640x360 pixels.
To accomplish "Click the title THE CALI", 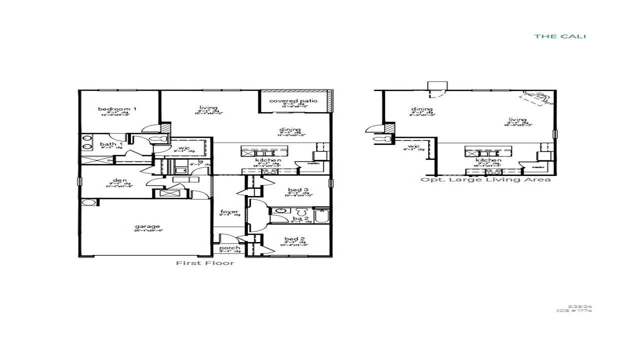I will click(x=560, y=36).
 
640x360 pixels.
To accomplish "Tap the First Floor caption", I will click(x=204, y=263).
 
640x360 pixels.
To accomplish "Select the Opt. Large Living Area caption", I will click(x=485, y=179).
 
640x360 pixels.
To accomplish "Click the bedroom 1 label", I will click(x=117, y=109).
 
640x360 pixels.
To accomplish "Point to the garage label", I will click(x=147, y=226).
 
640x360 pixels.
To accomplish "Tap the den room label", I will click(x=119, y=180).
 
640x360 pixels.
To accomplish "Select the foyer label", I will click(x=229, y=212).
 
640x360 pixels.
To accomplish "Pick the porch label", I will click(x=229, y=248).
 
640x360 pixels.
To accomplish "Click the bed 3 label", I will click(x=295, y=190).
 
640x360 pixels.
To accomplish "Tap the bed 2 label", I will click(x=295, y=239).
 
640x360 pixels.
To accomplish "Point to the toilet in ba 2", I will click(x=300, y=211).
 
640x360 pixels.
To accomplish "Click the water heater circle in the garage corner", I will click(x=88, y=203).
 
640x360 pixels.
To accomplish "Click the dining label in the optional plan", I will click(x=422, y=109).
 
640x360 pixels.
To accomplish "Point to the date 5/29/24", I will click(x=580, y=306).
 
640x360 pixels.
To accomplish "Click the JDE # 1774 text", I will click(x=574, y=310).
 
